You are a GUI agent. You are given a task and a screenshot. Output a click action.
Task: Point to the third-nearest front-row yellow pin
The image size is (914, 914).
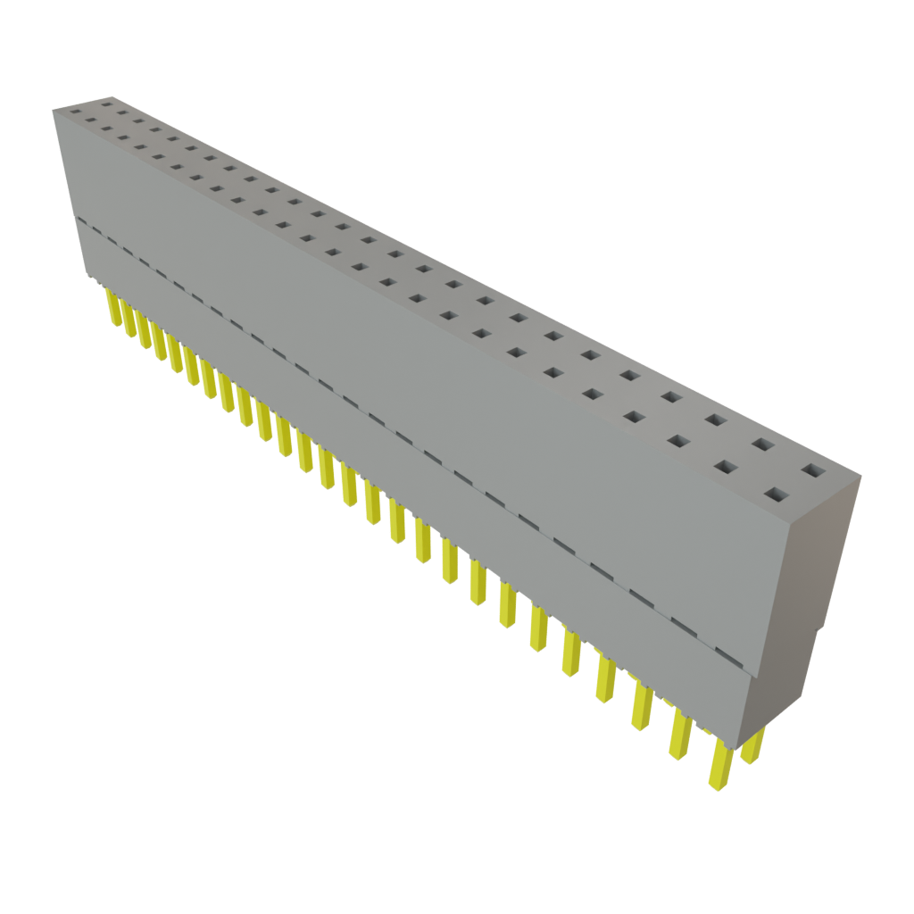(641, 705)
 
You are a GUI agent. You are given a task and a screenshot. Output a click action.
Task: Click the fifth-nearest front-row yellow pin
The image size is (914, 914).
(570, 652)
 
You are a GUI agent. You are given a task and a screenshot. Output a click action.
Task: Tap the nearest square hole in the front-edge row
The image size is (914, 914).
(774, 494)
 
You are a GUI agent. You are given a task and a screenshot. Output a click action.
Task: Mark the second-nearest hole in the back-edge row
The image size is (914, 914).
(762, 444)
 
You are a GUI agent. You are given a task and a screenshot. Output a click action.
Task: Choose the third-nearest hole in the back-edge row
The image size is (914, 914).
(716, 419)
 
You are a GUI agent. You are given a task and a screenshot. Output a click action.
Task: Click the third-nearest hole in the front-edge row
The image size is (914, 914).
(678, 441)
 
